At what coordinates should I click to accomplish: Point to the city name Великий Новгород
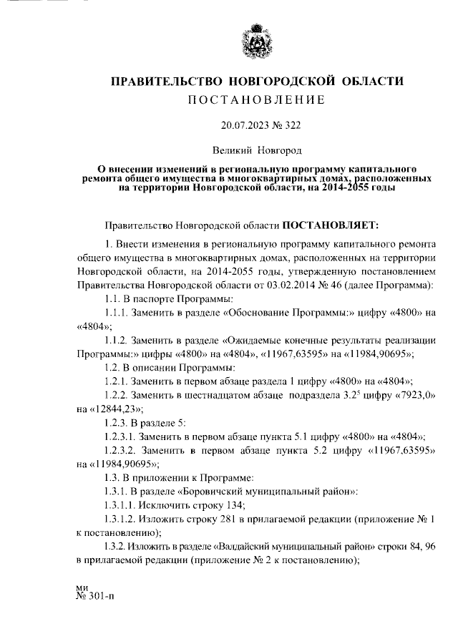coord(257,151)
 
